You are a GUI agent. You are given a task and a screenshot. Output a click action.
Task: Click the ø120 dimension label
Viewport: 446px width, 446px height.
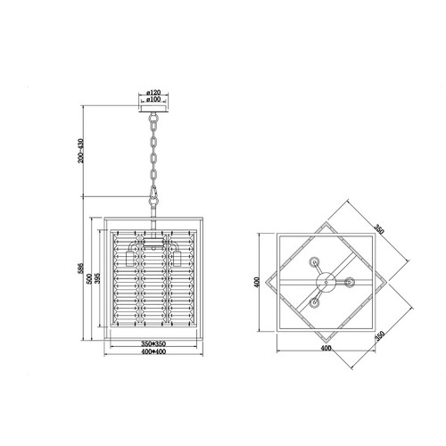(153, 93)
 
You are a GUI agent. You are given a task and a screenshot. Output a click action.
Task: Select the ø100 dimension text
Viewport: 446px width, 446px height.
(153, 99)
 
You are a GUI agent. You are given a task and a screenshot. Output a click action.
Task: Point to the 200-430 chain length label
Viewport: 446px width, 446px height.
(80, 151)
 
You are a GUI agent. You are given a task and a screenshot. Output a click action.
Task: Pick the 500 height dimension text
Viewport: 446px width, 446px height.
(89, 278)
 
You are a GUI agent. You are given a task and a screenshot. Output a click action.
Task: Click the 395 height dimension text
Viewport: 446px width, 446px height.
(97, 278)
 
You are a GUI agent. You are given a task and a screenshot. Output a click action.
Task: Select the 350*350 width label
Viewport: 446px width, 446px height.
(153, 343)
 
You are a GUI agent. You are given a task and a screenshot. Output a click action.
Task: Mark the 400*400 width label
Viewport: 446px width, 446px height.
(153, 351)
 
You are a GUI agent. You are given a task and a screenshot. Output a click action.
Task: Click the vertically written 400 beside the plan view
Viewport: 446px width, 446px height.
(257, 282)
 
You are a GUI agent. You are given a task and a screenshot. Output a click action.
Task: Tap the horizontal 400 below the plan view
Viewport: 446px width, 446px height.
(326, 348)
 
